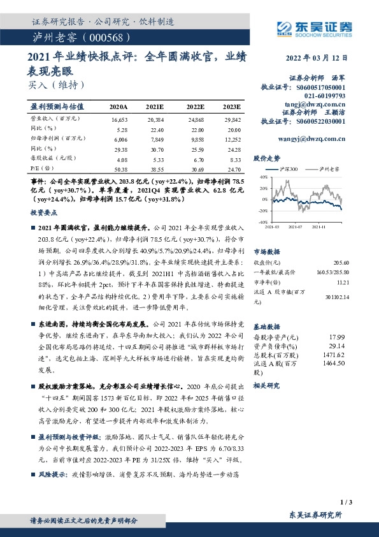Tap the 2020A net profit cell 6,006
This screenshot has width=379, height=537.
119,138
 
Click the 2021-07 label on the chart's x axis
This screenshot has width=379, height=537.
296,226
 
